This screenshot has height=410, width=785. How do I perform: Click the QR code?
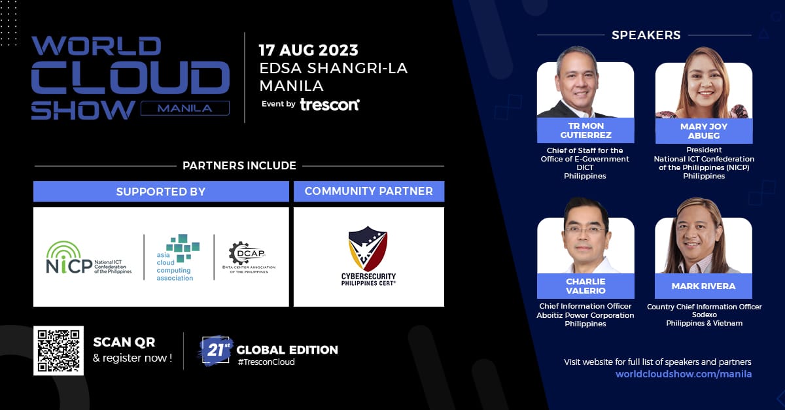coord(58,350)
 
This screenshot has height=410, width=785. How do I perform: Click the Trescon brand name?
coord(330,104)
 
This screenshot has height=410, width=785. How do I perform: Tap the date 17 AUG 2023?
coord(308,50)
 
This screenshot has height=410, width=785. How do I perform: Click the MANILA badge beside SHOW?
coord(185,108)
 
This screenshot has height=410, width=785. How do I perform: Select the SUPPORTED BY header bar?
coord(161,192)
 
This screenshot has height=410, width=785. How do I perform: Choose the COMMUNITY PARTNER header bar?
coord(368,192)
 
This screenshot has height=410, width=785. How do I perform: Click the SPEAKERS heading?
coord(646,35)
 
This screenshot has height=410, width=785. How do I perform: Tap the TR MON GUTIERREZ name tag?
coord(585,130)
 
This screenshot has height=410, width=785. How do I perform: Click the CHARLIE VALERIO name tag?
coord(585,286)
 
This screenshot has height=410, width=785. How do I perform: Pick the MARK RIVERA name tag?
coord(703,286)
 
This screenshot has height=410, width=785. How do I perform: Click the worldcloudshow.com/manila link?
coord(684,374)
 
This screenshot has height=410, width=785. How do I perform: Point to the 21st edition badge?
coord(217,349)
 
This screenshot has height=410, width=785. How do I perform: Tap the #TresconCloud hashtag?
coord(266,362)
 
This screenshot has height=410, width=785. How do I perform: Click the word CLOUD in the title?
coord(127,78)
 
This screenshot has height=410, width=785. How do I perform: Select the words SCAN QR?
coord(124,342)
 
